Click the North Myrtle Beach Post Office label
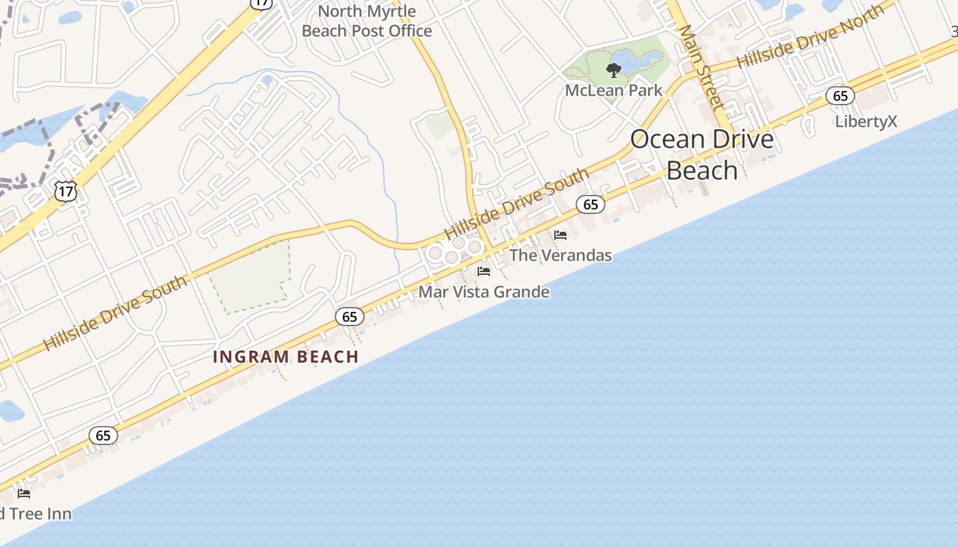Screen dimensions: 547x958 [367, 21]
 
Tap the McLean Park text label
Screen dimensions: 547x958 [614, 90]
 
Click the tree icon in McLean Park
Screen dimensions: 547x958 [614, 70]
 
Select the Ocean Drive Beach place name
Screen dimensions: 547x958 [702, 155]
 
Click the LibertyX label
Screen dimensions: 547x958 [866, 122]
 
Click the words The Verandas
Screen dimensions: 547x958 [560, 256]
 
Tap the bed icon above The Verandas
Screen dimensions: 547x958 [560, 235]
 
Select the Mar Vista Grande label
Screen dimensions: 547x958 [484, 292]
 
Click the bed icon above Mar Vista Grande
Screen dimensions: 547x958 [484, 271]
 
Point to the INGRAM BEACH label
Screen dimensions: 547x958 [286, 356]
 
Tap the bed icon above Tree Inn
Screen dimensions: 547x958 [24, 493]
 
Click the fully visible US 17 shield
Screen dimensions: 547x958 [66, 191]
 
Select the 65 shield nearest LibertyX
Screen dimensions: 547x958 [840, 96]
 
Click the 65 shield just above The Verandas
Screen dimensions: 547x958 [591, 204]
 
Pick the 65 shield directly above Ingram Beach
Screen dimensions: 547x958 [350, 317]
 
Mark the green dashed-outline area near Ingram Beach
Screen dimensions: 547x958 [250, 277]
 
